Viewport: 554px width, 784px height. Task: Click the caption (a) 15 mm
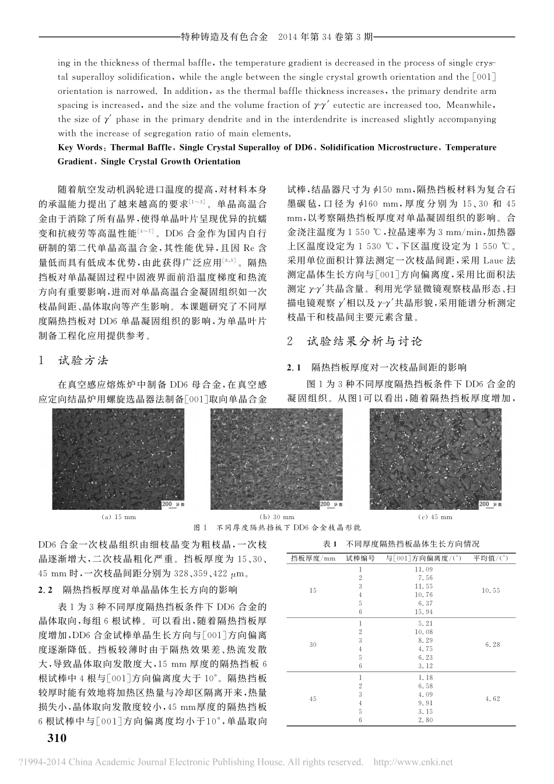[x=118, y=517]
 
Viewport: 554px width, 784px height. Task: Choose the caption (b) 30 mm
[x=276, y=517]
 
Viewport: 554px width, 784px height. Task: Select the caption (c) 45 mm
[x=435, y=517]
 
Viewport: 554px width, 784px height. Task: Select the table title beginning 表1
[x=401, y=543]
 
